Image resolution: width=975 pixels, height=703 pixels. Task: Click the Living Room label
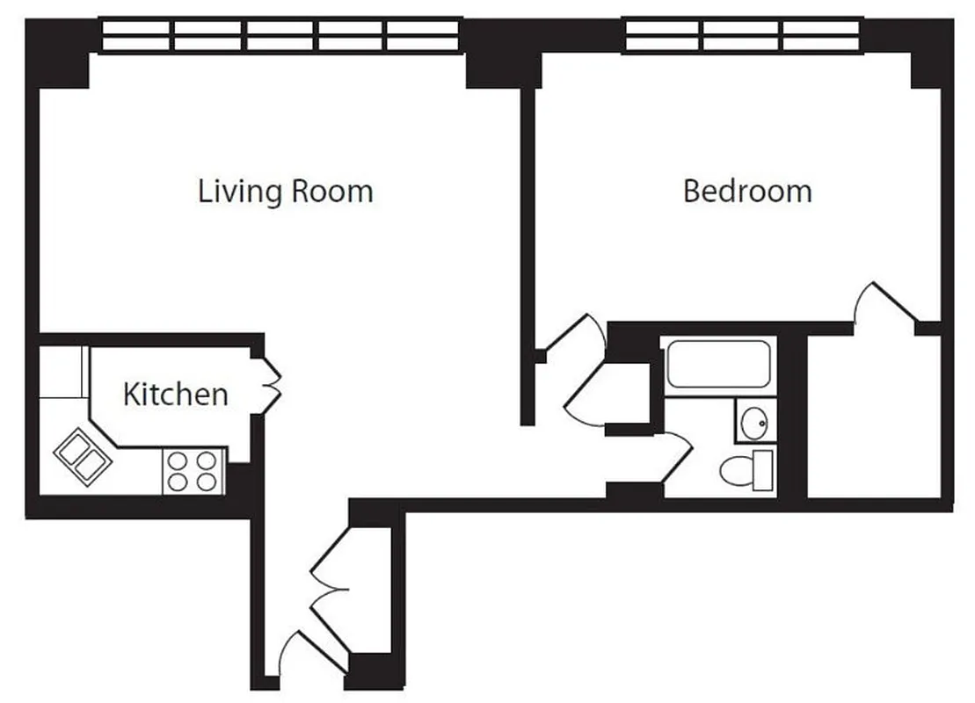[285, 191]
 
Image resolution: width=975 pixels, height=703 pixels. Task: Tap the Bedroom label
[747, 191]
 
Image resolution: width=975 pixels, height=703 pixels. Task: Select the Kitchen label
[175, 394]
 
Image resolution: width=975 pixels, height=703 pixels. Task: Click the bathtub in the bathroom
[718, 365]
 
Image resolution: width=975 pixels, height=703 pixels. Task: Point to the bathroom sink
[753, 423]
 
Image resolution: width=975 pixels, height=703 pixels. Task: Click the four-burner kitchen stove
[192, 471]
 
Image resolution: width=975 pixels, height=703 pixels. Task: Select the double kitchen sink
[81, 454]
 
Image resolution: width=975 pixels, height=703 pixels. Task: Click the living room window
[280, 36]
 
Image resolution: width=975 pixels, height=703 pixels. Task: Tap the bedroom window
[743, 36]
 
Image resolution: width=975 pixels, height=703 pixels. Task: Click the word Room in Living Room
[332, 191]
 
